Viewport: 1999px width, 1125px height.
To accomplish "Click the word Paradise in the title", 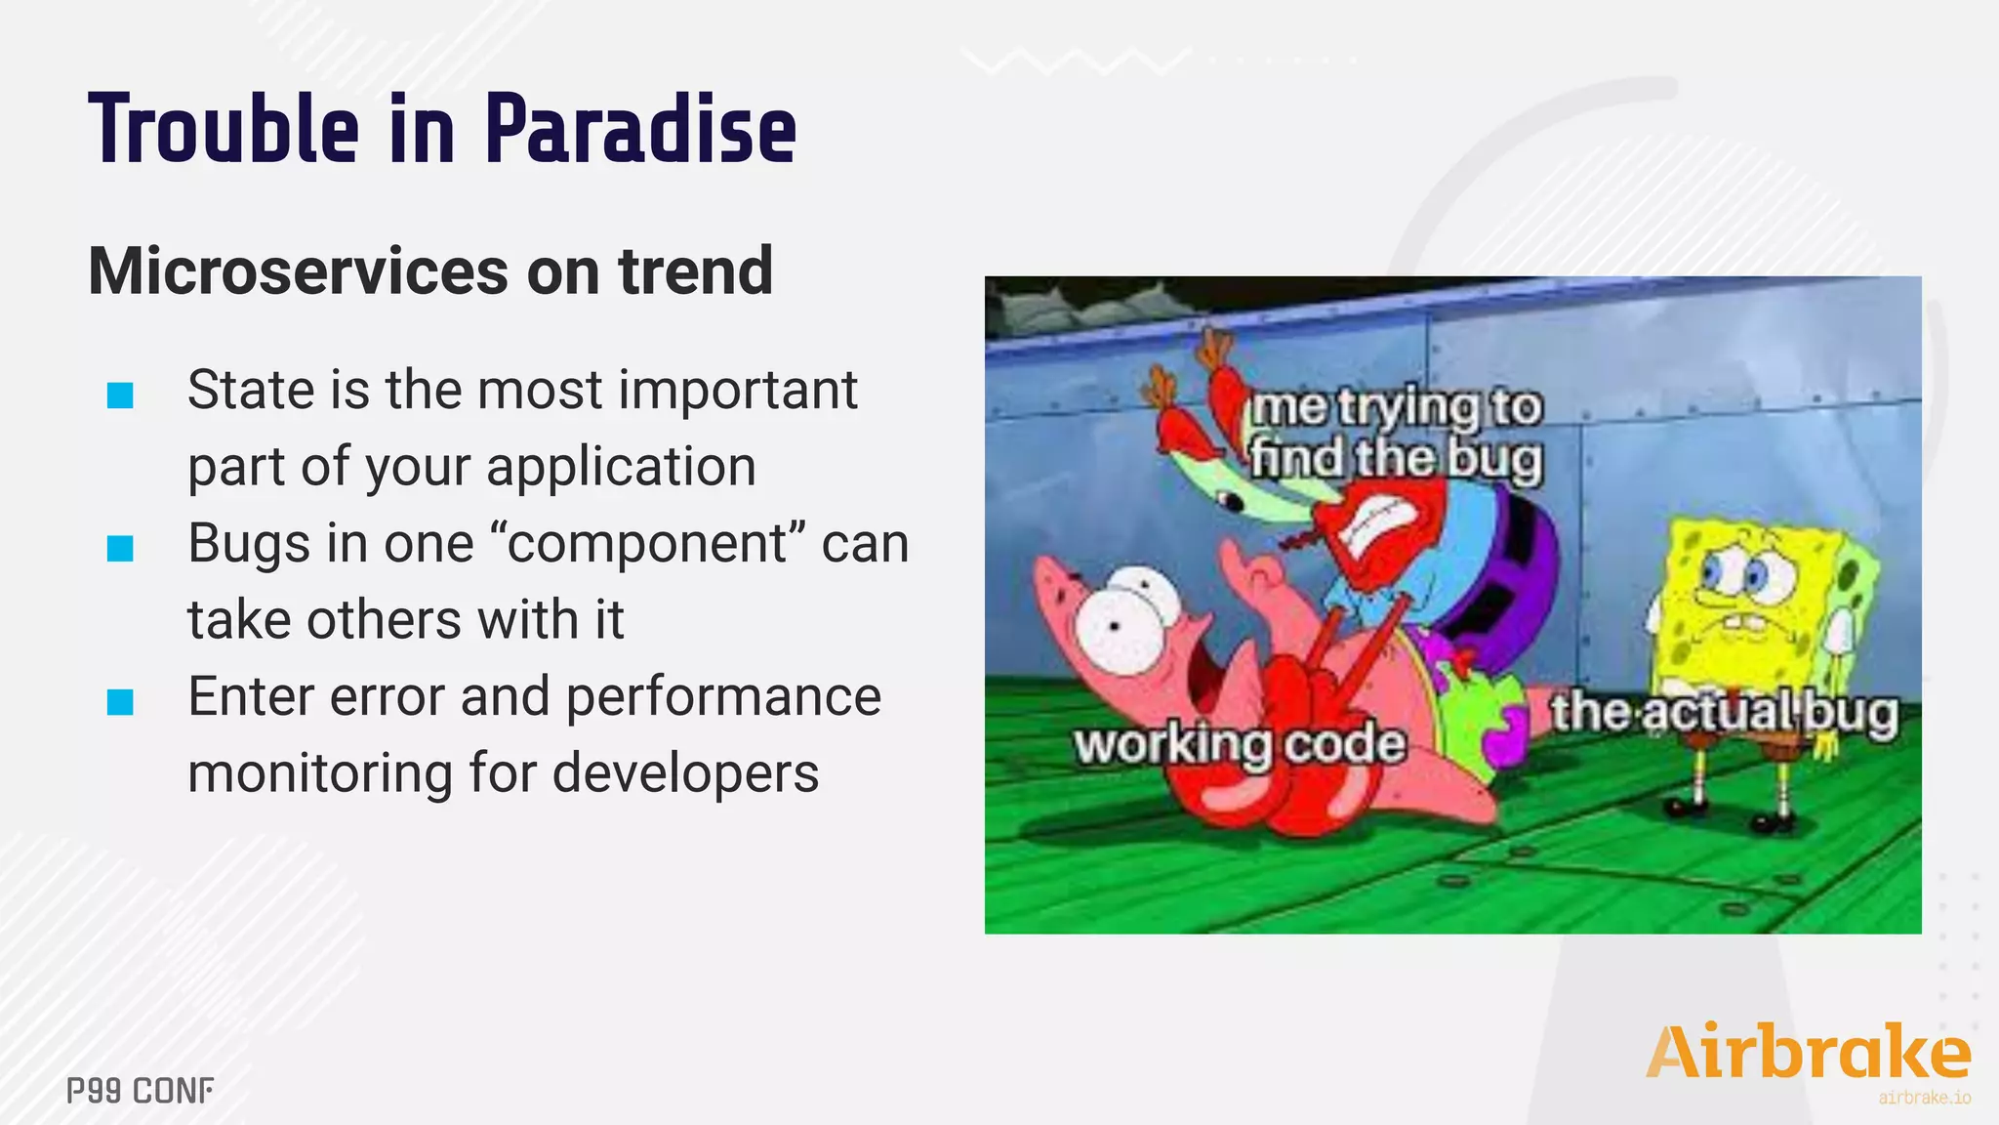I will [x=640, y=130].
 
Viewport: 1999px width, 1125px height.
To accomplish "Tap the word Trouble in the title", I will [x=224, y=130].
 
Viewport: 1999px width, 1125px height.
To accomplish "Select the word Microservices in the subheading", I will [x=298, y=271].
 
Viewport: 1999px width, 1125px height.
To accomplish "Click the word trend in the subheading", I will [x=695, y=271].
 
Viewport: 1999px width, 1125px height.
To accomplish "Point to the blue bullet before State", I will [x=120, y=396].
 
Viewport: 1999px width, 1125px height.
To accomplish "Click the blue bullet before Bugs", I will [x=120, y=549].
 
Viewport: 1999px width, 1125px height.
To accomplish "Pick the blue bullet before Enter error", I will [x=120, y=701].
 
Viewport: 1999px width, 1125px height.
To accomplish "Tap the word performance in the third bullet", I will [x=723, y=696].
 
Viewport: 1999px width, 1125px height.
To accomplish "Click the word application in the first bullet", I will [x=621, y=467].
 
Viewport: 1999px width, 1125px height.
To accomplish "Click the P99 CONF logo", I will [x=140, y=1091].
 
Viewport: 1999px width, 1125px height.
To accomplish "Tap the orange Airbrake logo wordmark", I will [x=1807, y=1053].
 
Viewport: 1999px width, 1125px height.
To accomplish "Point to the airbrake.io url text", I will [x=1924, y=1099].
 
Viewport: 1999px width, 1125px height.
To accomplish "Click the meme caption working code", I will [x=1240, y=744].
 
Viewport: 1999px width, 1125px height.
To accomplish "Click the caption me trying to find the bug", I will [x=1396, y=433].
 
